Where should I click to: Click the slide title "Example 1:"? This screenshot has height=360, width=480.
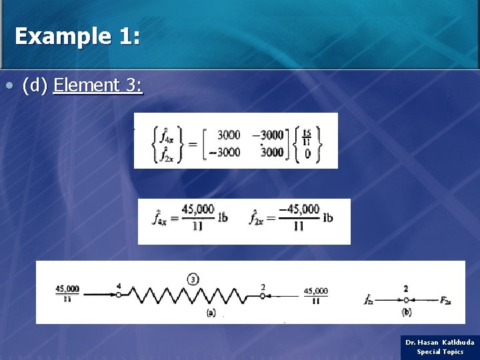[77, 36]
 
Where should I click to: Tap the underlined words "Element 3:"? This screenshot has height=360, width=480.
[98, 85]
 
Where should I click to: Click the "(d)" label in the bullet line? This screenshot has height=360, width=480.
[35, 85]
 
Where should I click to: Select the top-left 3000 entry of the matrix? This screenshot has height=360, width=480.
[229, 135]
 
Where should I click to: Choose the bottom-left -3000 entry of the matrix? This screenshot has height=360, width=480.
[223, 152]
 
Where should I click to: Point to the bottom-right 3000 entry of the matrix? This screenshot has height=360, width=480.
[271, 152]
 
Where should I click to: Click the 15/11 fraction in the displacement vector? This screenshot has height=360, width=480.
[306, 136]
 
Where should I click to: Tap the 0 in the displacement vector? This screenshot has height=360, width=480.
[307, 154]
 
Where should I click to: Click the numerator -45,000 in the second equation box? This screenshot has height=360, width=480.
[299, 210]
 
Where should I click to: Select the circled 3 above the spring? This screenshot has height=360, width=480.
[193, 279]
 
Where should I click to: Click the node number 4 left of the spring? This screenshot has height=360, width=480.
[119, 287]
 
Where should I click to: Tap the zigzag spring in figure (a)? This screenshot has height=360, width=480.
[193, 294]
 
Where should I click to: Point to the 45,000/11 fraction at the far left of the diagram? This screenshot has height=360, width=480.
[67, 294]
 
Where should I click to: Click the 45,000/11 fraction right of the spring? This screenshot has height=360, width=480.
[315, 295]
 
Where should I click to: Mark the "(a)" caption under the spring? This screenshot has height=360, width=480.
[211, 312]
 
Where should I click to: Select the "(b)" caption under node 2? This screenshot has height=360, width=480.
[406, 312]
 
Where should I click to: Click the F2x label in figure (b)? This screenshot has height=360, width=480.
[445, 301]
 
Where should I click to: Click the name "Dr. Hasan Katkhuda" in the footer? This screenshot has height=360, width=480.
[440, 342]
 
